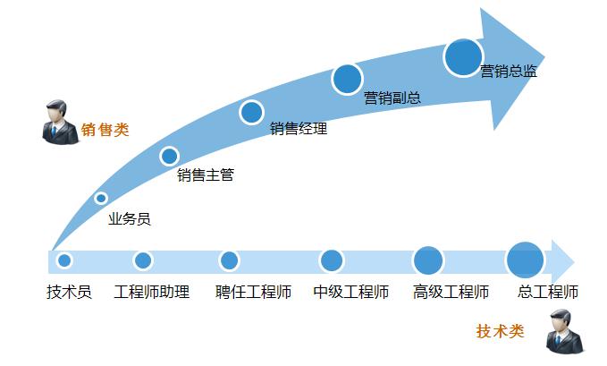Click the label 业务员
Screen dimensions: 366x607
pyautogui.click(x=130, y=218)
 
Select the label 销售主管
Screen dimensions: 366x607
pyautogui.click(x=206, y=175)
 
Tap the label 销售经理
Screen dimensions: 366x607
pyautogui.click(x=299, y=129)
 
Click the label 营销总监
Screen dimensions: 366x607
pyautogui.click(x=509, y=72)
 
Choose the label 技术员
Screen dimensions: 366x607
pyautogui.click(x=69, y=292)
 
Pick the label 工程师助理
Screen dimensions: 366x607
pyautogui.click(x=152, y=292)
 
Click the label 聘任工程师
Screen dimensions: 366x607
pyautogui.click(x=254, y=292)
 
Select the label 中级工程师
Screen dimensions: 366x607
pyautogui.click(x=351, y=292)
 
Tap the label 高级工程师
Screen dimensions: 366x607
pyautogui.click(x=451, y=292)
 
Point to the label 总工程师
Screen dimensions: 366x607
pyautogui.click(x=548, y=292)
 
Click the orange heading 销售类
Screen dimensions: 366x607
pyautogui.click(x=105, y=130)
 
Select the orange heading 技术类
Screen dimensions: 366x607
pyautogui.click(x=500, y=331)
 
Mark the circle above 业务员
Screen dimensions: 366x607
pyautogui.click(x=101, y=198)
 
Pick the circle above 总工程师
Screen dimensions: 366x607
pyautogui.click(x=525, y=260)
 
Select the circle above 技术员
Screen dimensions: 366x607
pyautogui.click(x=64, y=260)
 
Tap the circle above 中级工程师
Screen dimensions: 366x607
pyautogui.click(x=332, y=260)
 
